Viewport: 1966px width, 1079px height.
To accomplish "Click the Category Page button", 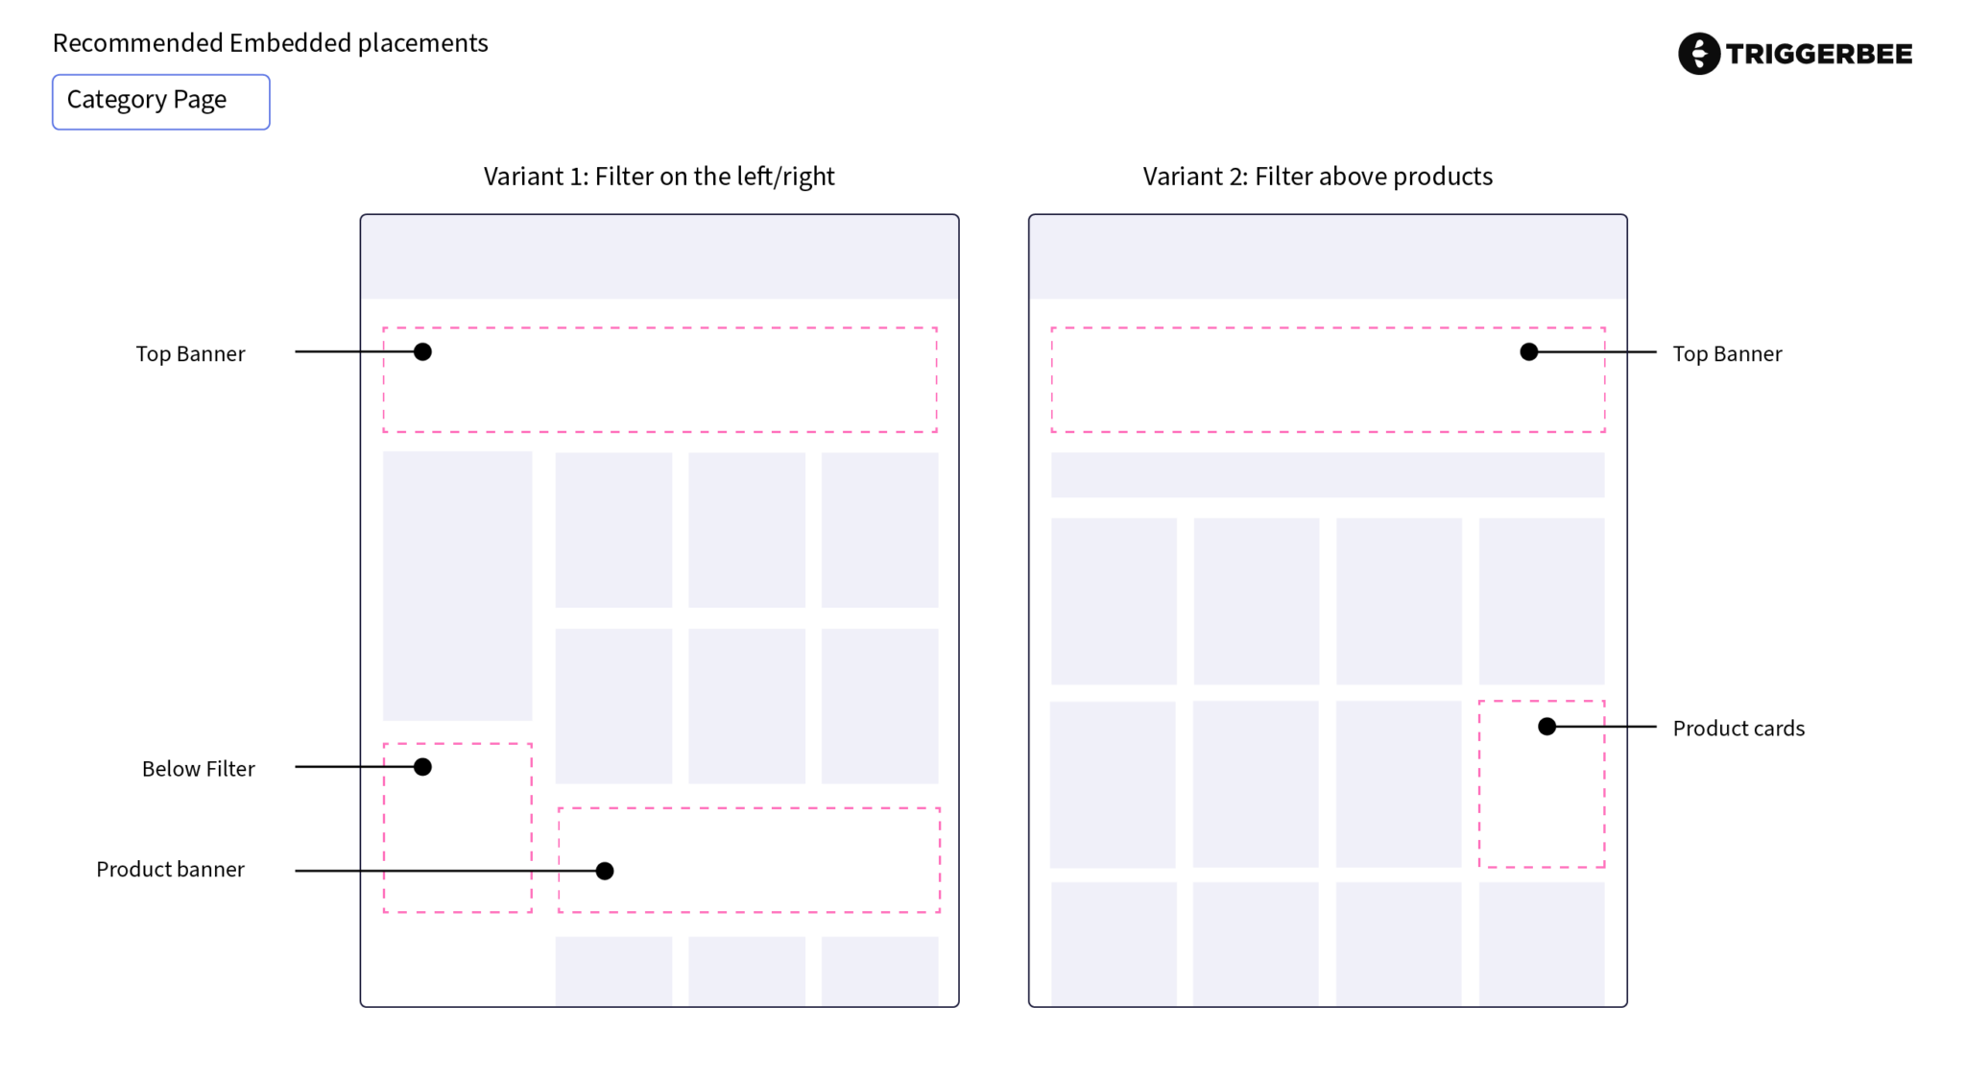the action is [x=161, y=102].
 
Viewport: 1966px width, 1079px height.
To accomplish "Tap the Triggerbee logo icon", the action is [x=1698, y=54].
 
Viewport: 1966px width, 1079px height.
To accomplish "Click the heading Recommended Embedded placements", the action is [x=270, y=43].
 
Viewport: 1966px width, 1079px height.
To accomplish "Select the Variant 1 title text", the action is [x=659, y=177].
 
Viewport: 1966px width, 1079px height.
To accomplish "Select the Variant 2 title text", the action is [x=1317, y=177].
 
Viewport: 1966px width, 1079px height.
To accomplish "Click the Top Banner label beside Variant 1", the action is [x=190, y=354].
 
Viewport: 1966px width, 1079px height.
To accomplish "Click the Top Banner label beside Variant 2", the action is [x=1727, y=354].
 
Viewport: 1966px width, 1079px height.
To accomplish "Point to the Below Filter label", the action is [x=198, y=769].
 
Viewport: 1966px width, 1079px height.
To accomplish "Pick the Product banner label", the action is [x=170, y=870].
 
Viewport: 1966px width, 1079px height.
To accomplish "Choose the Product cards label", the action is [x=1738, y=729].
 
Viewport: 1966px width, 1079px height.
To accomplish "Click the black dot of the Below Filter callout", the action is [x=422, y=767].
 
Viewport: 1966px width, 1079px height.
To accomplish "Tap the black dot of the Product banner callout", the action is [x=605, y=871].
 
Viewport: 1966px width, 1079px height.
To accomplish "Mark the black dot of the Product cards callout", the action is [x=1546, y=727].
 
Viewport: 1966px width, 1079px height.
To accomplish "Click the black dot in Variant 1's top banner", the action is [x=422, y=352].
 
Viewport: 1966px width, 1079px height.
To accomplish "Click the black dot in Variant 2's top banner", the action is [x=1529, y=352].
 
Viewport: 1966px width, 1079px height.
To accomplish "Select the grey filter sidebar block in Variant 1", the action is [x=457, y=586].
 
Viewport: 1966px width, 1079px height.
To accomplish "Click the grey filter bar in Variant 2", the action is [x=1328, y=475].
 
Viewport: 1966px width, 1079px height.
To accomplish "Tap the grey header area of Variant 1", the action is [x=659, y=257].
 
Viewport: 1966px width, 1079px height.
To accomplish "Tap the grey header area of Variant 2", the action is [x=1328, y=257].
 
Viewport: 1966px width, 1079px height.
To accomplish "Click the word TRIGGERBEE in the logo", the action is [x=1819, y=55].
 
